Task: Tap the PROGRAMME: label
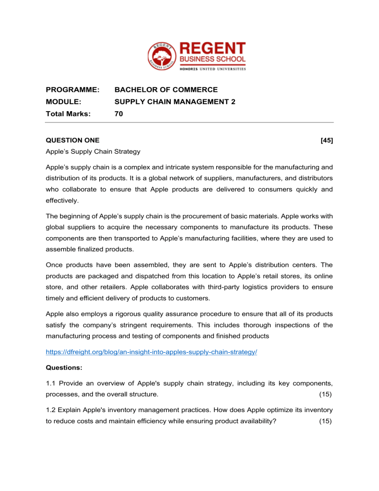click(x=73, y=90)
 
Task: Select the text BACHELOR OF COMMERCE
click(x=166, y=90)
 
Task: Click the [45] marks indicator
click(x=326, y=140)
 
